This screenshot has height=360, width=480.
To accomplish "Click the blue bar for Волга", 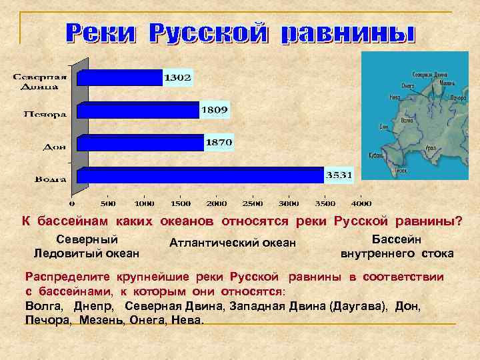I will tap(200, 175).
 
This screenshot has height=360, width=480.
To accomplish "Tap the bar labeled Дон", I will tap(141, 143).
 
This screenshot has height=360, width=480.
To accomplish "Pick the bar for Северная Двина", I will tap(121, 78).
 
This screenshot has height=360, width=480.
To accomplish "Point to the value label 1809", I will tap(215, 109).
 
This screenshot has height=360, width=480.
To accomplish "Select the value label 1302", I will tap(178, 78).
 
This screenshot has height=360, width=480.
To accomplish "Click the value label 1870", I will tap(219, 142).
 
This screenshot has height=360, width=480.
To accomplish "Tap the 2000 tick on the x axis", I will tap(216, 203).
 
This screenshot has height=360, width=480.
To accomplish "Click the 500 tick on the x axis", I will tap(108, 203).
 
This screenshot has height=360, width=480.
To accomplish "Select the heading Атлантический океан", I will tap(233, 243).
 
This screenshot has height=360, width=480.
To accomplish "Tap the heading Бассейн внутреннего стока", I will tap(397, 246).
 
